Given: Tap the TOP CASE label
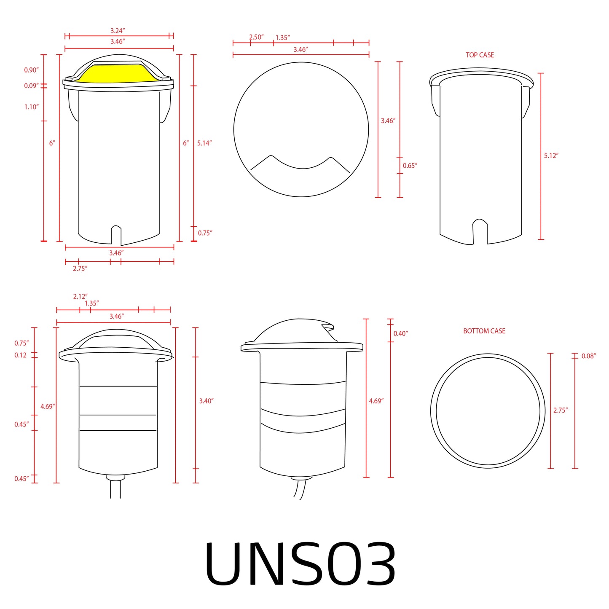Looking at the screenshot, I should pyautogui.click(x=480, y=55).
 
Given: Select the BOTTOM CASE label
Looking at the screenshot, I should pyautogui.click(x=484, y=331).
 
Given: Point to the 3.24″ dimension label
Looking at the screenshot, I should pyautogui.click(x=118, y=31).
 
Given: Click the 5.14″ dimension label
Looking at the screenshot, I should pyautogui.click(x=204, y=143).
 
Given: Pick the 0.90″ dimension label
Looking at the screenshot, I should pyautogui.click(x=31, y=70).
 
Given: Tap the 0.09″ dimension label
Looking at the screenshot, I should pyautogui.click(x=31, y=86).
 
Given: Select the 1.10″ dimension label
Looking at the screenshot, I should pyautogui.click(x=31, y=107).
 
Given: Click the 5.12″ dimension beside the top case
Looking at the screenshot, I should pyautogui.click(x=551, y=156).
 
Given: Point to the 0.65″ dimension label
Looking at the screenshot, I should pyautogui.click(x=410, y=166).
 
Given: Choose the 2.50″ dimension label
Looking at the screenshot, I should pyautogui.click(x=256, y=37).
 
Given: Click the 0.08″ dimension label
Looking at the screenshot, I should pyautogui.click(x=588, y=356).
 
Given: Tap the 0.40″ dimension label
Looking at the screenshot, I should pyautogui.click(x=400, y=334).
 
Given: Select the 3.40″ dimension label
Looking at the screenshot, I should pyautogui.click(x=206, y=401).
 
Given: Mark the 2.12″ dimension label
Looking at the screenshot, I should pyautogui.click(x=80, y=297).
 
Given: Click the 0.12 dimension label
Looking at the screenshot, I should pyautogui.click(x=21, y=355).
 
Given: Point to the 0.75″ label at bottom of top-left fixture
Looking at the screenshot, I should pyautogui.click(x=205, y=233).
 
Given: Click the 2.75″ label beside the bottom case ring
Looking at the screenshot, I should pyautogui.click(x=561, y=410).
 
